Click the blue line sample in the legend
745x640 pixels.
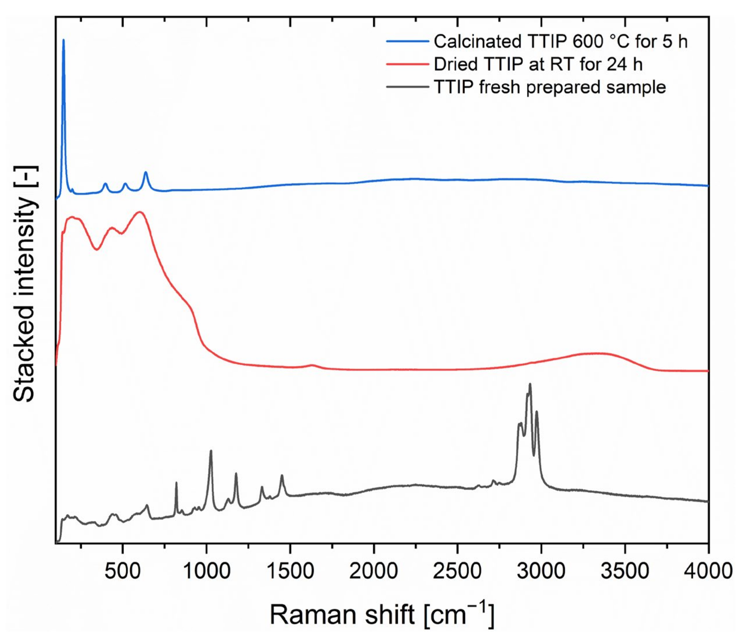[408, 42]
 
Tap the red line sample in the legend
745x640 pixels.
[408, 64]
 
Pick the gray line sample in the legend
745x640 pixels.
[408, 87]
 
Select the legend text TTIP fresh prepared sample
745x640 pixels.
[550, 87]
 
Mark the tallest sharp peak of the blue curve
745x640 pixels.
[64, 40]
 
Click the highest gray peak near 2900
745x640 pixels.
[530, 384]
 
